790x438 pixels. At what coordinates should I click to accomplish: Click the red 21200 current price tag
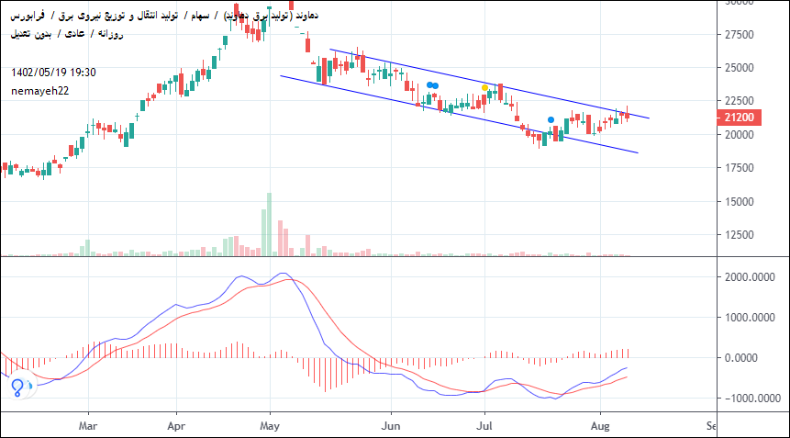[x=739, y=118]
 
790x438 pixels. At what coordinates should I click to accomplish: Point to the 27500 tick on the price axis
[x=740, y=35]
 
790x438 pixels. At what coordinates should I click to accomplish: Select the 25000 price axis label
[x=740, y=68]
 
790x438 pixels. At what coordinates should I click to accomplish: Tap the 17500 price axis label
[x=740, y=168]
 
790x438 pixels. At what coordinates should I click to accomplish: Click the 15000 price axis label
[x=740, y=202]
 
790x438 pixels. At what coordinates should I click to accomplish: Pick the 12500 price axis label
[x=740, y=236]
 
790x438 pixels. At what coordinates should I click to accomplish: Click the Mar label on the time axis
[x=88, y=426]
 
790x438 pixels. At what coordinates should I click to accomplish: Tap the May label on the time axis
[x=270, y=426]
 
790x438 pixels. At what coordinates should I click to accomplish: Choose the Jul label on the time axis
[x=484, y=426]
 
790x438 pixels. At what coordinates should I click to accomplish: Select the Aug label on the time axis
[x=599, y=426]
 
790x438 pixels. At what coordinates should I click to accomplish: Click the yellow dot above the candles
[x=485, y=87]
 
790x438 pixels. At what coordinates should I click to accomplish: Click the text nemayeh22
[x=40, y=90]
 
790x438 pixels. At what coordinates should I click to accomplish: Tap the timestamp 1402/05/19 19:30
[x=54, y=72]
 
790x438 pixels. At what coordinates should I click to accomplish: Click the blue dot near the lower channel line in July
[x=551, y=119]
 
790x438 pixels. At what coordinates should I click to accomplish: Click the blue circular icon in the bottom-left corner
[x=17, y=387]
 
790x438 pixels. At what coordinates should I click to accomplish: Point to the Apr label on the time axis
[x=177, y=426]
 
